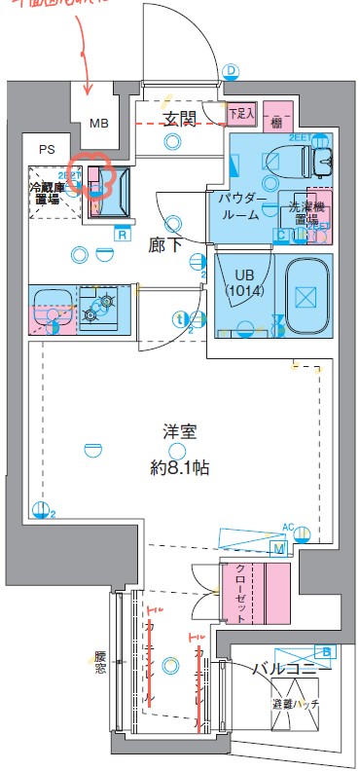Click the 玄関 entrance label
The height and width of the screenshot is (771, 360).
[180, 120]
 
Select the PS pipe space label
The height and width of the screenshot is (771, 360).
[47, 150]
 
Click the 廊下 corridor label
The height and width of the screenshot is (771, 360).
[165, 243]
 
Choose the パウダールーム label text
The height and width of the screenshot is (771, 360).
[238, 205]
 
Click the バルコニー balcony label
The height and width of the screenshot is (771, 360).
[290, 668]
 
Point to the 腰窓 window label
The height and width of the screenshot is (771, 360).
[100, 664]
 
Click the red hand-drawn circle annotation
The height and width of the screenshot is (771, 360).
[96, 176]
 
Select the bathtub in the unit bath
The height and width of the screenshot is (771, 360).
[306, 294]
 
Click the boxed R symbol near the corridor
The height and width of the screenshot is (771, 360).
[123, 233]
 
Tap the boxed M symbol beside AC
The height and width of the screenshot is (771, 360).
[279, 550]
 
